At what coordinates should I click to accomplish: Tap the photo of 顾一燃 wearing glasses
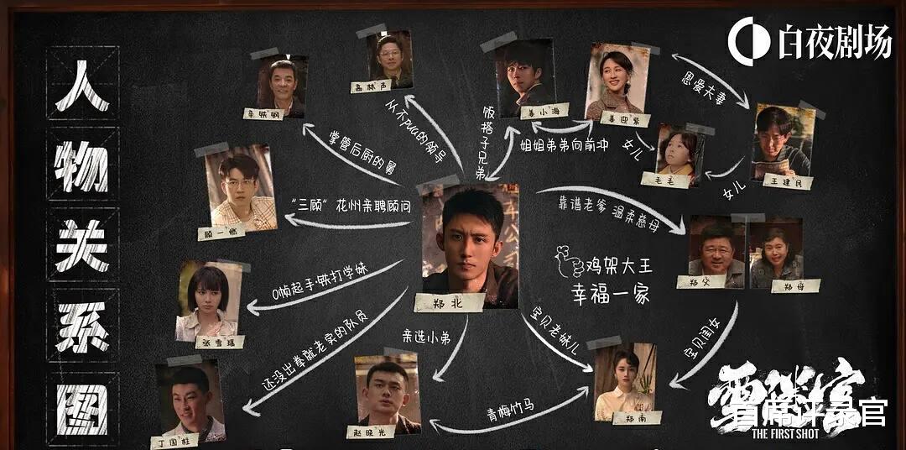pyautogui.click(x=242, y=189)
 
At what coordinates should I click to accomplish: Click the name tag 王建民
pyautogui.click(x=787, y=181)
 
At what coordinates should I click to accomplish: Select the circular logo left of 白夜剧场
pyautogui.click(x=748, y=40)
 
